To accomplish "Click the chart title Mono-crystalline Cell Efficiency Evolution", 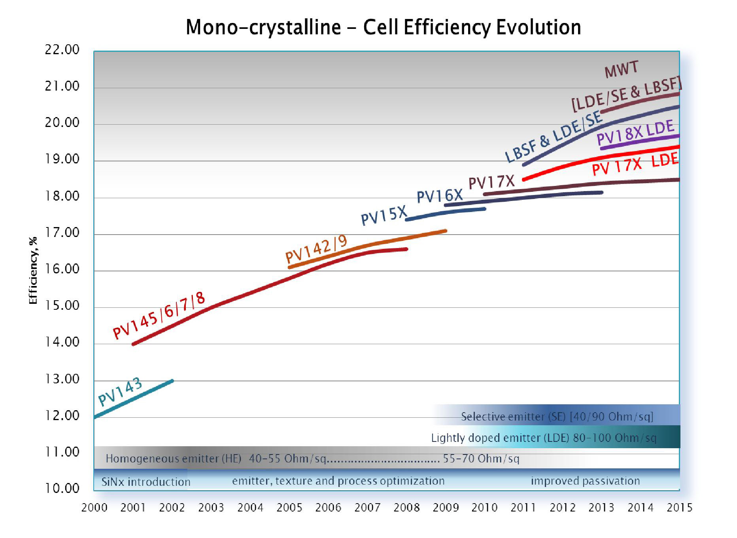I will [383, 27].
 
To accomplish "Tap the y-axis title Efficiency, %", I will [33, 271].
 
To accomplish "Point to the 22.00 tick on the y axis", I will [62, 50].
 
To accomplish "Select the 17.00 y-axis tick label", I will [62, 233].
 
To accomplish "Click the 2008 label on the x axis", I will [406, 508].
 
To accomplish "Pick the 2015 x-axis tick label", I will [679, 508].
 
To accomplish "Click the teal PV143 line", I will [134, 399].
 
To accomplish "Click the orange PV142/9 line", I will [368, 244].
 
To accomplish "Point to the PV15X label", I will [384, 216].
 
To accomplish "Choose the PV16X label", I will [439, 195].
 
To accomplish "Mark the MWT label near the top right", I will [621, 69].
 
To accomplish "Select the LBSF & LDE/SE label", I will [554, 137].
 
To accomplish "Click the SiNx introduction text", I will [146, 482].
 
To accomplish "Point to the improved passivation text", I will [585, 481].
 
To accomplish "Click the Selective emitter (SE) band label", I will [557, 417].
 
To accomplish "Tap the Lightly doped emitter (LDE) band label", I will [544, 438].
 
